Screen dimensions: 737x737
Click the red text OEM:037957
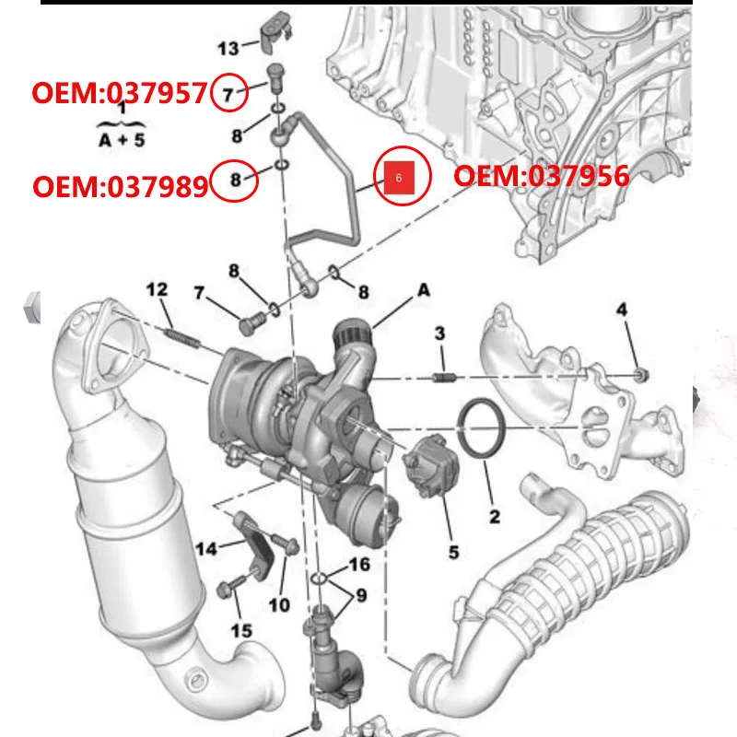[x=120, y=93]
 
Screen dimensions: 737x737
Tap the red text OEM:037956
[x=542, y=176]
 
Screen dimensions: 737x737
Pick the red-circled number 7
[x=228, y=93]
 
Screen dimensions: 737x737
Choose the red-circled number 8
[x=234, y=181]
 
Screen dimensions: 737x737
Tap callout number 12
[x=158, y=290]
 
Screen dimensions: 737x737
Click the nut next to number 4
[x=640, y=375]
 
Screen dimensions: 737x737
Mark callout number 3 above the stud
[x=440, y=333]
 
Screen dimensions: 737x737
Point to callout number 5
[x=453, y=553]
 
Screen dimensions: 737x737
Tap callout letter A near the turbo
[x=424, y=289]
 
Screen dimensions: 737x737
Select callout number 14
[x=207, y=550]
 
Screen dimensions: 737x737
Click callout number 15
[x=241, y=629]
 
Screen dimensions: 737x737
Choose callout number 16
[x=358, y=564]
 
